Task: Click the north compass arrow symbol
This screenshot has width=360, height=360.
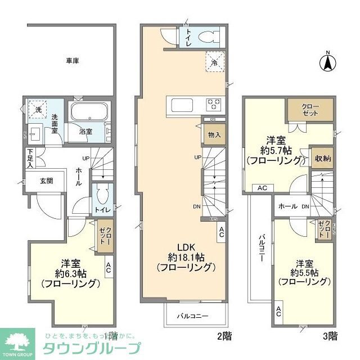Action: [327, 62]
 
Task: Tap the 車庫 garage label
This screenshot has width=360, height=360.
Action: [71, 61]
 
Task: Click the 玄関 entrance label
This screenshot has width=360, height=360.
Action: [46, 181]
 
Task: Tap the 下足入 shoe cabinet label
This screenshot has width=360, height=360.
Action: [30, 158]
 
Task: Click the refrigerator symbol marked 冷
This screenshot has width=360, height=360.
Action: [214, 63]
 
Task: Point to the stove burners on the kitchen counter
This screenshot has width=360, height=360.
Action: [214, 105]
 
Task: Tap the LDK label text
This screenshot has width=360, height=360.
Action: [187, 247]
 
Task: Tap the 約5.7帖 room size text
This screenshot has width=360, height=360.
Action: [276, 150]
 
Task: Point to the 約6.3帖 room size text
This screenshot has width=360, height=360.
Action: [70, 274]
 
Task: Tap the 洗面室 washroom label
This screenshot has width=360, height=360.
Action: [55, 124]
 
